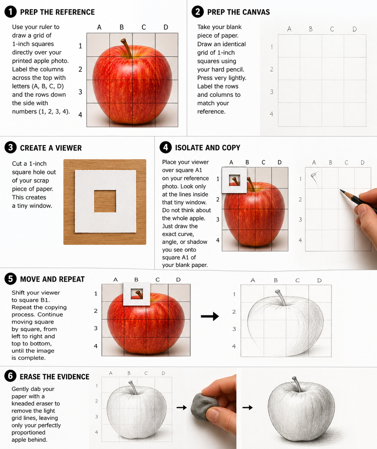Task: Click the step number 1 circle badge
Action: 10,11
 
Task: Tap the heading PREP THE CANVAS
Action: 239,12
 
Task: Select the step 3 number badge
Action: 10,148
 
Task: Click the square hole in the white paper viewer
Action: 105,201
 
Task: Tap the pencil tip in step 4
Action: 341,190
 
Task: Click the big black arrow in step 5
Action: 210,316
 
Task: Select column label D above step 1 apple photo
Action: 166,27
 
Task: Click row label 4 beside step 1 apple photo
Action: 80,114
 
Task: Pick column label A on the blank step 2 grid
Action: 289,29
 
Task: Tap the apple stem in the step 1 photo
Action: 127,48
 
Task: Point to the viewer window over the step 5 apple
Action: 136,294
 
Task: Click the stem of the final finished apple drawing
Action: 297,384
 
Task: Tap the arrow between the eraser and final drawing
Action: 247,407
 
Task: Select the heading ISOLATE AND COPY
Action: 208,148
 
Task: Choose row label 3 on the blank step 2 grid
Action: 272,92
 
